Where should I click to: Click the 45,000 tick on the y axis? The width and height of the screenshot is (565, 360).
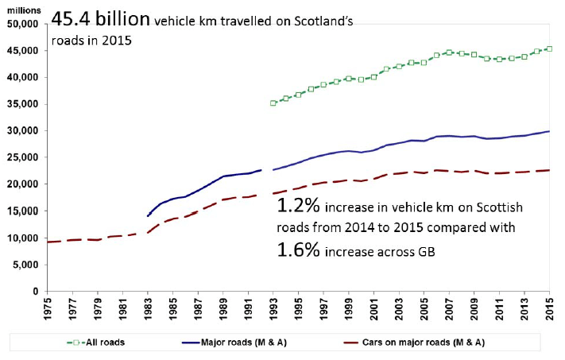click(26, 50)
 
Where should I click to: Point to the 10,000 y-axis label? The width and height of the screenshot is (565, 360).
click(26, 238)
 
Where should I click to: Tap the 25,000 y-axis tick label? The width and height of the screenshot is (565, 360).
click(26, 157)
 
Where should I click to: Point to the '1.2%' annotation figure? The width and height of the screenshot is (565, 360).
click(299, 207)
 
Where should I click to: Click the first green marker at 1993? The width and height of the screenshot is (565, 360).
click(273, 103)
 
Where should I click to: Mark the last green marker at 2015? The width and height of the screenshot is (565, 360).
click(550, 48)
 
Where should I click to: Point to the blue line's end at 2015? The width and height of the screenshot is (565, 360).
click(550, 131)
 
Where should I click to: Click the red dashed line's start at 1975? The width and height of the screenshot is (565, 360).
click(48, 242)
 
